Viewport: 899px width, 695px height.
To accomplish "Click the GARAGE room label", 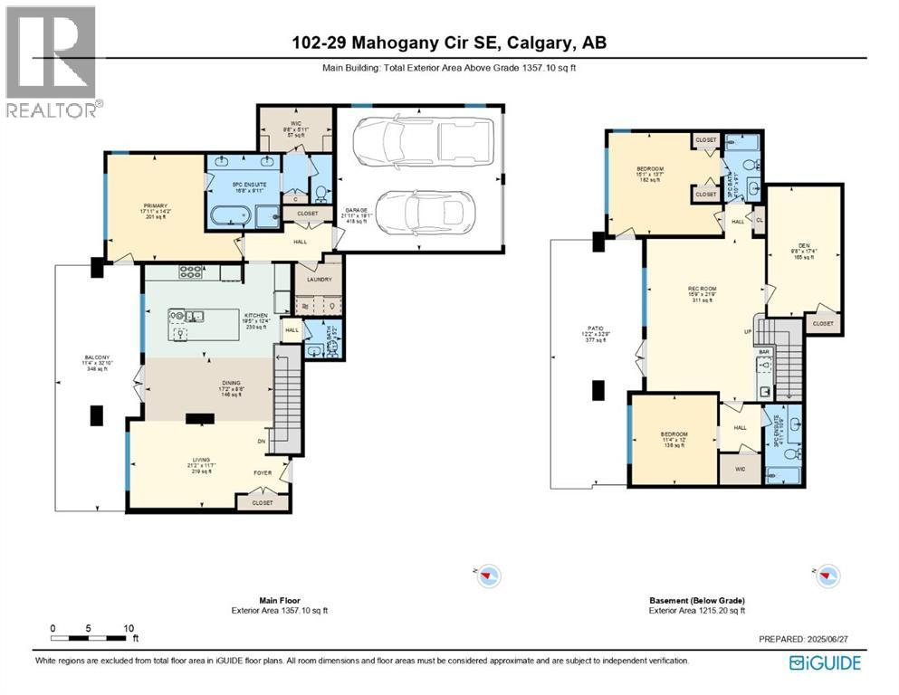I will [354, 210].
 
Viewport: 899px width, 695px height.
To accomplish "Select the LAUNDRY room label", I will [319, 281].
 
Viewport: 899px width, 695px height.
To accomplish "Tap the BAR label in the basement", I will [763, 351].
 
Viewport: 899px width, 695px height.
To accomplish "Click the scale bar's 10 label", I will [128, 627].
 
